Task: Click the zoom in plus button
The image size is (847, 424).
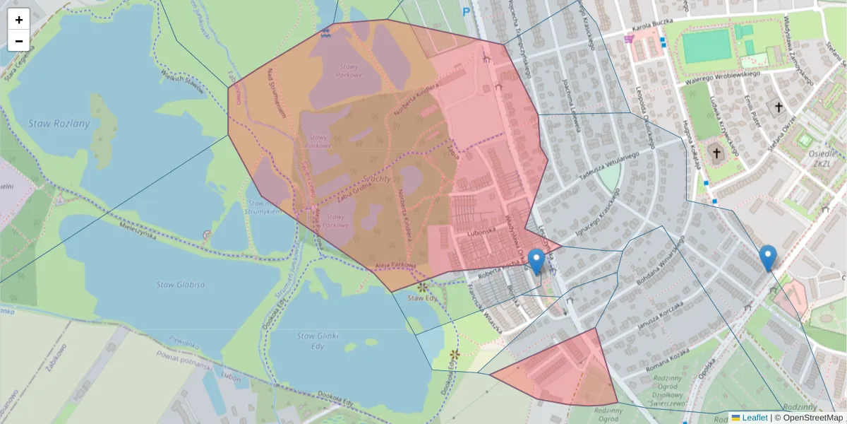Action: click(x=19, y=20)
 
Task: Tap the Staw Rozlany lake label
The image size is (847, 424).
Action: click(x=59, y=124)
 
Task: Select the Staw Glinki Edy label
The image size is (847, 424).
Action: click(x=316, y=341)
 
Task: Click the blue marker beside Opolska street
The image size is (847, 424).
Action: click(x=768, y=259)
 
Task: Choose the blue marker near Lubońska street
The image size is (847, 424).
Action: click(x=536, y=262)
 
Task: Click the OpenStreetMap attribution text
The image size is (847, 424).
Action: click(x=808, y=418)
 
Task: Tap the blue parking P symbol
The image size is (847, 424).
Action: click(x=466, y=11)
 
